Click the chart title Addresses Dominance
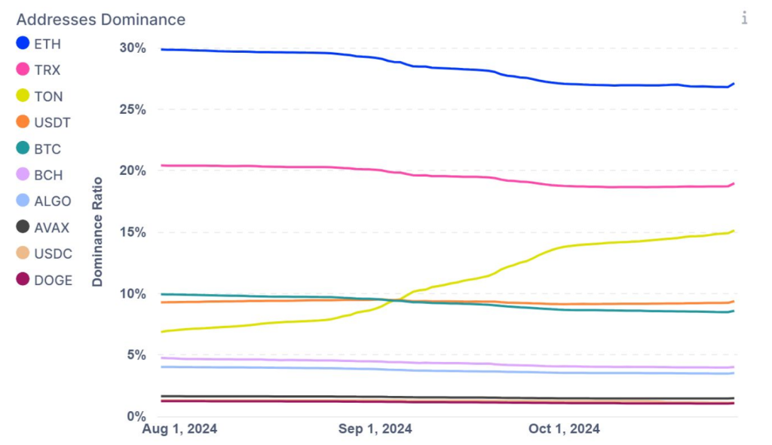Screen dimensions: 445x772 coord(101,19)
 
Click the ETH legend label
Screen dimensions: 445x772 coord(47,44)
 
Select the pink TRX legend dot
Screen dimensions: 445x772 coord(23,70)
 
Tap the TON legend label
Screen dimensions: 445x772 coord(48,97)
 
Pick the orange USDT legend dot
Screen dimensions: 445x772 coord(23,122)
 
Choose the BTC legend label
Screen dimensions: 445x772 coord(47,149)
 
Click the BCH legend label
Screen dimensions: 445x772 coord(48,176)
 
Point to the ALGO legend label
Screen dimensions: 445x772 coord(53,201)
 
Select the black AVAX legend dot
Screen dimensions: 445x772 coord(23,228)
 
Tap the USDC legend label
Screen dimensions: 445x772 coord(53,254)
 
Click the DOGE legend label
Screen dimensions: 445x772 coord(54,281)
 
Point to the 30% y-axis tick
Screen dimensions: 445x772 coord(132,48)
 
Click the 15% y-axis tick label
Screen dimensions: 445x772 coord(132,232)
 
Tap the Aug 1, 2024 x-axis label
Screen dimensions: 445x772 coord(179,429)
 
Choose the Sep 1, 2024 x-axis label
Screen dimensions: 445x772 coord(375,429)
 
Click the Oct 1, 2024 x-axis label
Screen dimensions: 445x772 coord(565,429)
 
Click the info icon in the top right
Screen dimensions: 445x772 coord(744,18)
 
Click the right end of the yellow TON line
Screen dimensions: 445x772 coord(734,231)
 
